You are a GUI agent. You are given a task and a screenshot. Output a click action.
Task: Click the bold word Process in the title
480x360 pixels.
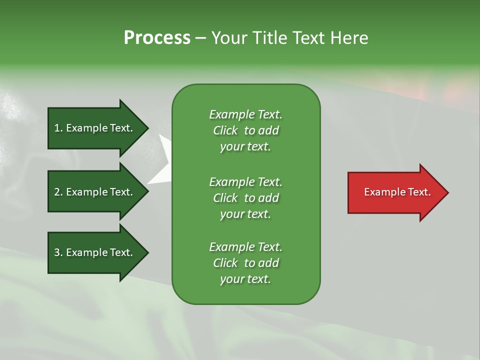pyautogui.click(x=157, y=37)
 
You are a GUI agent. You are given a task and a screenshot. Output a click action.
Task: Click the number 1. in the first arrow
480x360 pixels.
pyautogui.click(x=58, y=128)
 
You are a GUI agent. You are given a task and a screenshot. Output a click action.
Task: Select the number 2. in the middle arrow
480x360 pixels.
pyautogui.click(x=58, y=192)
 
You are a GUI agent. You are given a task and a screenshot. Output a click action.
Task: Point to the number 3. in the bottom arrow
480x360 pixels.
pyautogui.click(x=58, y=252)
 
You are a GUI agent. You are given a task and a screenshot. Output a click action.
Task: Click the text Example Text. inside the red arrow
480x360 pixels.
pyautogui.click(x=397, y=192)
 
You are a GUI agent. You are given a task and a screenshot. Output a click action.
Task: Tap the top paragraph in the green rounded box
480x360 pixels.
pyautogui.click(x=245, y=130)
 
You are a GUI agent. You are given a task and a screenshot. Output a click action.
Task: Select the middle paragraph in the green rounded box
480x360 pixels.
pyautogui.click(x=245, y=197)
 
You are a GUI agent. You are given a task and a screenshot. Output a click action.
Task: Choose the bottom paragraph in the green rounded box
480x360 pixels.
pyautogui.click(x=245, y=263)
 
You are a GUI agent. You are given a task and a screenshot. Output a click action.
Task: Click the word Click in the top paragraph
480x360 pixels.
pyautogui.click(x=225, y=130)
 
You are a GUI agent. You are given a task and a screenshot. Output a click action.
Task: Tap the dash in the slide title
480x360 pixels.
pyautogui.click(x=200, y=38)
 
